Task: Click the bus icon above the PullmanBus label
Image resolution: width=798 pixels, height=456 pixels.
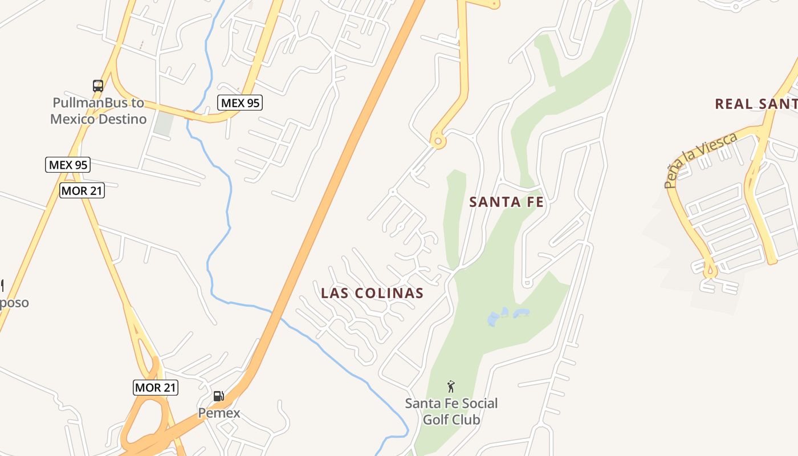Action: pos(98,86)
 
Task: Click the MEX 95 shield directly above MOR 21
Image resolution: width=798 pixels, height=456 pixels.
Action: pos(68,165)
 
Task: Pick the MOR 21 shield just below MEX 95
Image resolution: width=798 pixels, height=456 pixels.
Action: pos(82,190)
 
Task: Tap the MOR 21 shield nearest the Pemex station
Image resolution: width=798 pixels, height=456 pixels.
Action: pos(156,388)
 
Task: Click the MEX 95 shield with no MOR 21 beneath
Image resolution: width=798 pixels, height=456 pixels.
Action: pos(240,103)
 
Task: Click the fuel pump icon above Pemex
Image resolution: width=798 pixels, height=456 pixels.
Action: pos(218,396)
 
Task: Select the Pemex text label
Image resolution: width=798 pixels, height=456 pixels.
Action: pos(219,413)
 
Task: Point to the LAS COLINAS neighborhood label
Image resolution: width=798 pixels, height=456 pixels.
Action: pos(372,293)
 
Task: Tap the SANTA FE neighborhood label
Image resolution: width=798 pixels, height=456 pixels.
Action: pos(506,202)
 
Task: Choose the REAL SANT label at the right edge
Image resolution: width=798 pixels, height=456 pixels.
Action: pos(756,104)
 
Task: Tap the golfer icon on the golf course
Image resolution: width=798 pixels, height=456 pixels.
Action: pos(451,386)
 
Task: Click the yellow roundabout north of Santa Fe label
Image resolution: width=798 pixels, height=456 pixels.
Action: pos(438,141)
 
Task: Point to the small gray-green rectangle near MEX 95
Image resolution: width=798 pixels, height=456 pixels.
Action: pos(164,124)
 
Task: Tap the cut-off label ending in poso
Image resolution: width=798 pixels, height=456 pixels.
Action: pos(14,302)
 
